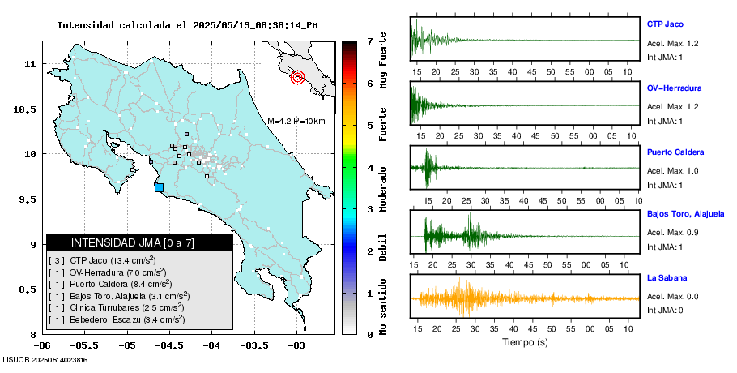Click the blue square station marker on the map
pyautogui.click(x=159, y=187)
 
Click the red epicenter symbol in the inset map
pyautogui.click(x=297, y=78)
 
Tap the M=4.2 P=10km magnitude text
pyautogui.click(x=296, y=122)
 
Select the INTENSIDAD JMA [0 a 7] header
pyautogui.click(x=139, y=242)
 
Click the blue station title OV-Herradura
pyautogui.click(x=674, y=88)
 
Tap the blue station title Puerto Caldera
pyautogui.click(x=675, y=152)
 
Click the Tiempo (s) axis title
pyautogui.click(x=525, y=342)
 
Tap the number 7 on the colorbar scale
pyautogui.click(x=369, y=41)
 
